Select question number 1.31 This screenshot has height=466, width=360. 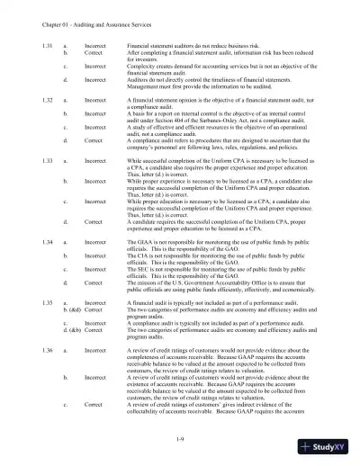pos(32,43)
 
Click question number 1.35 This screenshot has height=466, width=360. pos(32,331)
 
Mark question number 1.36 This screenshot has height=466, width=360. pos(32,372)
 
